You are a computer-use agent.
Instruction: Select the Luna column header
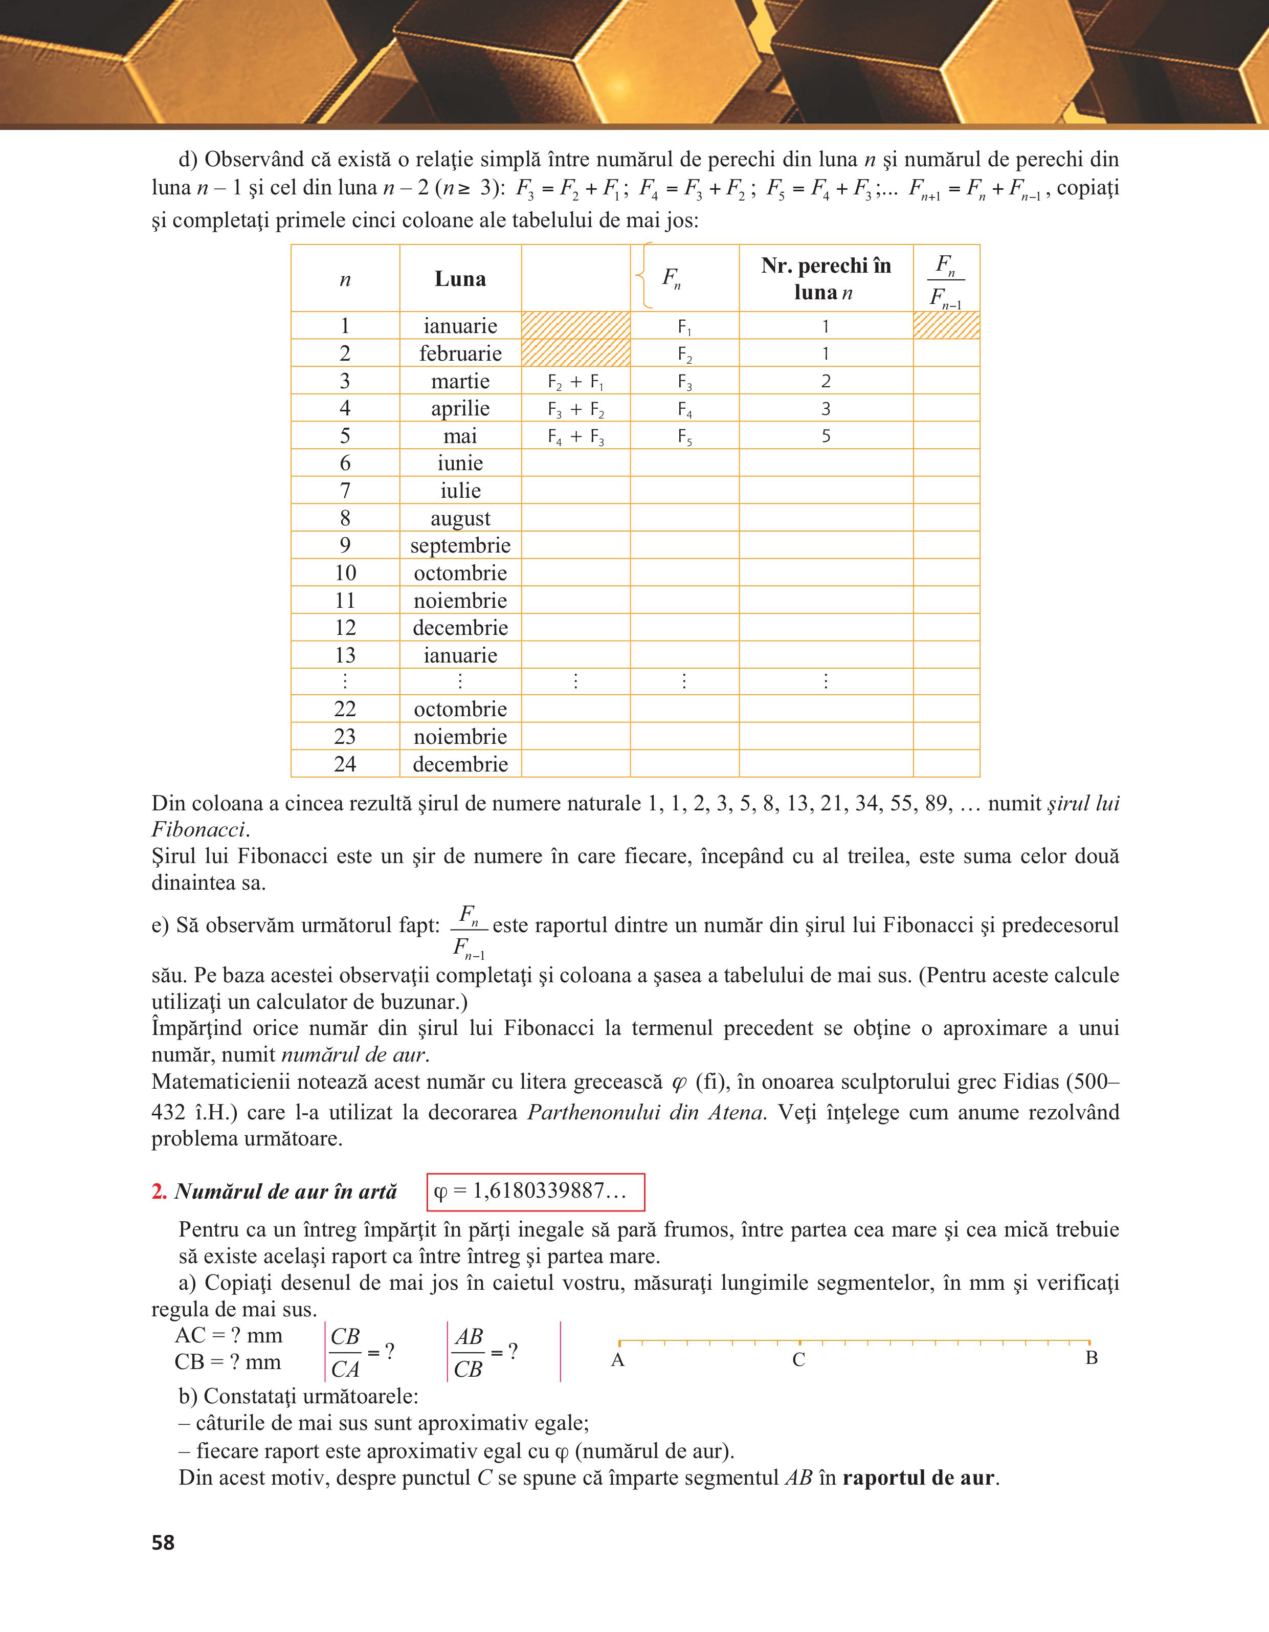pos(460,279)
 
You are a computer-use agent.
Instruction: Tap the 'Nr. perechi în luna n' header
pos(826,279)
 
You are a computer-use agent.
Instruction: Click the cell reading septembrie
pos(460,545)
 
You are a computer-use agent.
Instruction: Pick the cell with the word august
pos(460,518)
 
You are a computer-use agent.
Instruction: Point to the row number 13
pos(344,655)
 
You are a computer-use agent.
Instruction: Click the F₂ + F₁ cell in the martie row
pos(575,382)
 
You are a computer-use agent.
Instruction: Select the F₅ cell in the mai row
pos(684,436)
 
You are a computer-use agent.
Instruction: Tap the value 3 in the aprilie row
pos(826,409)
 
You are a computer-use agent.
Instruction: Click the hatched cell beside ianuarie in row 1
pos(575,326)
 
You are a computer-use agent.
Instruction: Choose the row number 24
pos(344,764)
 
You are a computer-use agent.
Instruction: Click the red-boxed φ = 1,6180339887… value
pos(535,1191)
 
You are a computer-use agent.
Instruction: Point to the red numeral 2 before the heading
pos(159,1192)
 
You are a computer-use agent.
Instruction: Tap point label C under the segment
pos(798,1360)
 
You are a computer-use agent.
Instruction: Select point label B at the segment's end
pos(1091,1358)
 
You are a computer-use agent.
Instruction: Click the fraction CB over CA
pos(345,1353)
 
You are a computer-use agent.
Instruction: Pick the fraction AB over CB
pos(469,1353)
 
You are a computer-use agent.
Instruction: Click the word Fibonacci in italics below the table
pos(198,829)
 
